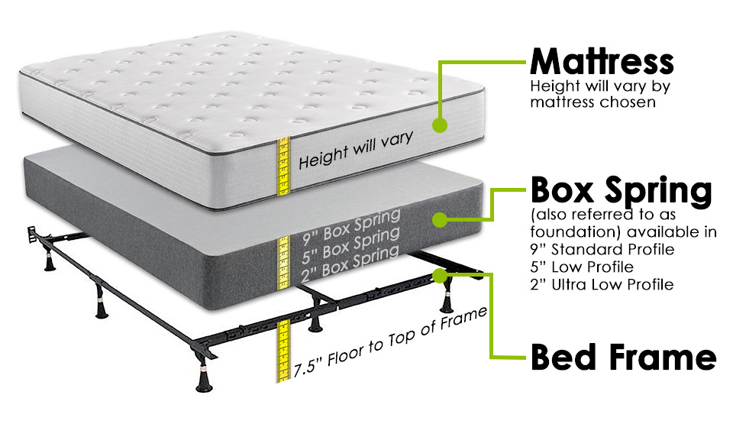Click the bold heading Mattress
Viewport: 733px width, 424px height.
[x=602, y=60]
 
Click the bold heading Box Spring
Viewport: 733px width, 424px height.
[x=621, y=189]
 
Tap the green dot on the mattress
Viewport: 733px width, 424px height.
[x=439, y=124]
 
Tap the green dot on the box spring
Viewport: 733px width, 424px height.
[x=439, y=220]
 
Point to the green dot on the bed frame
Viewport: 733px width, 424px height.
[x=439, y=273]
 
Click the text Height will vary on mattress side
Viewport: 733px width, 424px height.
[x=355, y=150]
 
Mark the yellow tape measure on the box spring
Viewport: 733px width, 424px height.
[x=283, y=256]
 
